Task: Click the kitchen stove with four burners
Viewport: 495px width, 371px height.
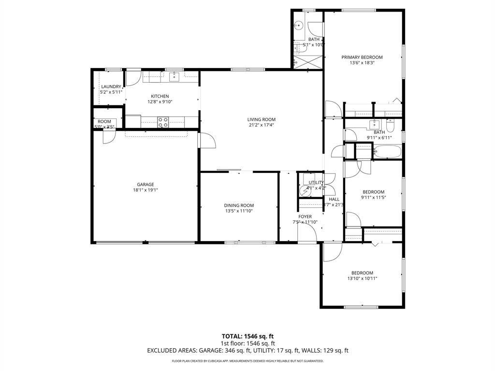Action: (163, 122)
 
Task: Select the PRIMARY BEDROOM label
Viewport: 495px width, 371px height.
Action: (362, 57)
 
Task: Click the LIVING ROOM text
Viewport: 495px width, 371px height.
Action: (261, 120)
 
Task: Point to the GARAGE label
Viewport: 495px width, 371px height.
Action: (145, 185)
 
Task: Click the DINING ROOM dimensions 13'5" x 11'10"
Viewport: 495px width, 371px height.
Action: (239, 211)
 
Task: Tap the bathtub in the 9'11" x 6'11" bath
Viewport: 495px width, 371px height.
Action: (387, 152)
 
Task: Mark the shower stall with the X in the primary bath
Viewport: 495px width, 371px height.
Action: (307, 61)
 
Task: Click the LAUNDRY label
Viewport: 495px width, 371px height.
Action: (111, 87)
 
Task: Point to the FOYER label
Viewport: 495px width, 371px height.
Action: (305, 216)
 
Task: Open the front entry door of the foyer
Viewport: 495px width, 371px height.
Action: (306, 234)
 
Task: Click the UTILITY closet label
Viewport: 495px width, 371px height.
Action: (316, 183)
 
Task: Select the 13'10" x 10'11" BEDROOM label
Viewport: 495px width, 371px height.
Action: (362, 273)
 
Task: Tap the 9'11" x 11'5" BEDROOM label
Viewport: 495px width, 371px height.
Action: (373, 192)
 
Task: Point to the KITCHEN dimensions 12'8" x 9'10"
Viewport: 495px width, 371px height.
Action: (160, 102)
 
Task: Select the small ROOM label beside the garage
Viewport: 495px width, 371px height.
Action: (104, 122)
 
